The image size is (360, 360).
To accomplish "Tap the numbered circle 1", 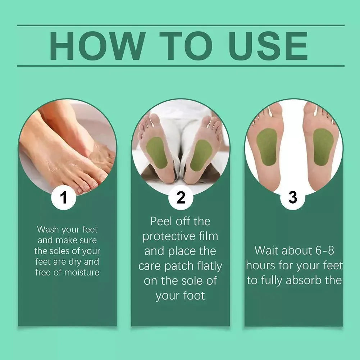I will (x=64, y=197).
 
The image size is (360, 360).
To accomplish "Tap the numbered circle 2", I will (x=181, y=197).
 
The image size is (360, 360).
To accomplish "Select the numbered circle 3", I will (x=293, y=197).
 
